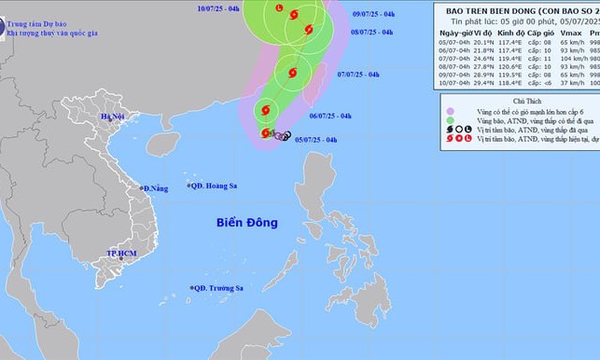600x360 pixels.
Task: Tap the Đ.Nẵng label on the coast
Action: coord(154,189)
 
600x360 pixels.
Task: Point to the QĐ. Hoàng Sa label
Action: coord(213,187)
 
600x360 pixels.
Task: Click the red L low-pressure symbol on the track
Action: coord(278,9)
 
